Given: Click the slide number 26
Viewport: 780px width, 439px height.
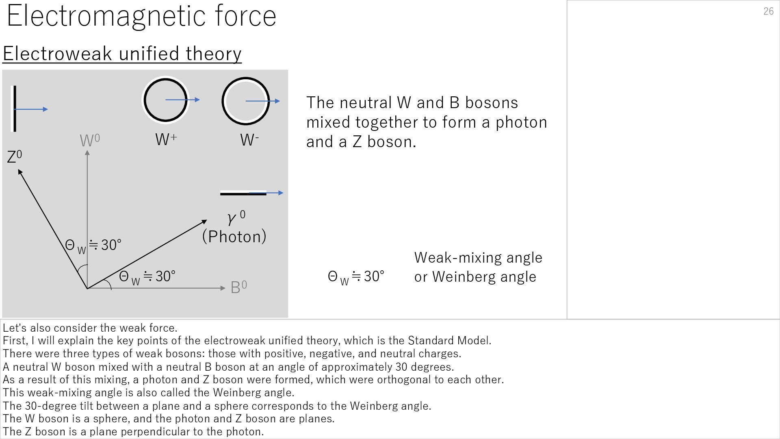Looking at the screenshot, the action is tap(768, 11).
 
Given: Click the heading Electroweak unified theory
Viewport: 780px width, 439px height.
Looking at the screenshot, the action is tap(122, 54).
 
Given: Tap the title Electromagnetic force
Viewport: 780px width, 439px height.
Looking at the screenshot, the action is tap(141, 16).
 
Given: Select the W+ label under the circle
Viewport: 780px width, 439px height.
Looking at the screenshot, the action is tap(166, 139).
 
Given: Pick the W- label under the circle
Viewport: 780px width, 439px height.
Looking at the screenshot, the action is tap(249, 140).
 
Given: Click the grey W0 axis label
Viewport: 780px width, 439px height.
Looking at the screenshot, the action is tap(90, 141).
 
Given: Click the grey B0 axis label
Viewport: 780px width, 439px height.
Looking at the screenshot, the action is tap(238, 287).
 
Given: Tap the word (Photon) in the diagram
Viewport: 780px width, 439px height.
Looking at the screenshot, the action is tap(234, 237).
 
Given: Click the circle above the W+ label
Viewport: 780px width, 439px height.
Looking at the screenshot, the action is tap(166, 100).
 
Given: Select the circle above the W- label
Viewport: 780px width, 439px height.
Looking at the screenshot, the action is tap(245, 101).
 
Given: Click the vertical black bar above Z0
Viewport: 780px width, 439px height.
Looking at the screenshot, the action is tap(15, 109).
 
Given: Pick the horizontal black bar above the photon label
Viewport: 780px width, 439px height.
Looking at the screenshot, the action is tap(243, 193).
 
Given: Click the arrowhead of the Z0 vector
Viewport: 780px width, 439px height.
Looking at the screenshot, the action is tap(20, 172).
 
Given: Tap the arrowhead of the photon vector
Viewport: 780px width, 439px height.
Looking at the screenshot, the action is tap(204, 222).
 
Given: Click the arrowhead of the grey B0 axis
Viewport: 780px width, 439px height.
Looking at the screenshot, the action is tap(223, 288).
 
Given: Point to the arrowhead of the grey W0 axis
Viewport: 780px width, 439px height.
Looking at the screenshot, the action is tap(87, 153).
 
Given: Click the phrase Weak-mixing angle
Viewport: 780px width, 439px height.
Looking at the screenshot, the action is tap(478, 258).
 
